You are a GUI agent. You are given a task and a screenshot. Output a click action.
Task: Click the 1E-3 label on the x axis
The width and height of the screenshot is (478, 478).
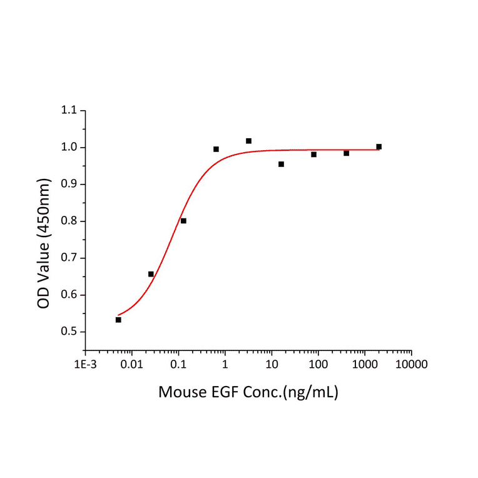[86, 364]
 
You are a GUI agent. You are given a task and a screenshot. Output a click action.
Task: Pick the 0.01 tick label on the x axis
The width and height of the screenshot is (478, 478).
[131, 364]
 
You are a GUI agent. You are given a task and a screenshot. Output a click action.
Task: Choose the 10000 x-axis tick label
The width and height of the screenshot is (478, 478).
[411, 364]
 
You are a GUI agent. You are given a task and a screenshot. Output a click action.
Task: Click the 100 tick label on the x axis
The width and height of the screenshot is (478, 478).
[318, 364]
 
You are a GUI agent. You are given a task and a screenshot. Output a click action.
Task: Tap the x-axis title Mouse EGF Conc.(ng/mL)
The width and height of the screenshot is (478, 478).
[248, 393]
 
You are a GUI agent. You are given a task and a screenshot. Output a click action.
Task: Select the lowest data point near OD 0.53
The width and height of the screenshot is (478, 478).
[118, 320]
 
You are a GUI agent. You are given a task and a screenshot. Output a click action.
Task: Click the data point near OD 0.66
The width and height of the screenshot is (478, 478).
[151, 274]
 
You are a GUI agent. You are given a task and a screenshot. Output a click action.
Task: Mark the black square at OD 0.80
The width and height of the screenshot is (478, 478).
[183, 221]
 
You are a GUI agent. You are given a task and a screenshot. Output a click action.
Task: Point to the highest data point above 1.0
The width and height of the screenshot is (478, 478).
[248, 141]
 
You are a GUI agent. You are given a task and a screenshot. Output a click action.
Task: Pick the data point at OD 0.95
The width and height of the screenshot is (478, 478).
[281, 164]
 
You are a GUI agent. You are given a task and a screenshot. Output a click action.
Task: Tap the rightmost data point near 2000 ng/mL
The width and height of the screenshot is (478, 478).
[379, 146]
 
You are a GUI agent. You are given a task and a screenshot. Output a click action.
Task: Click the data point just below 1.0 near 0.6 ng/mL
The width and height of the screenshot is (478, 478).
[216, 149]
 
